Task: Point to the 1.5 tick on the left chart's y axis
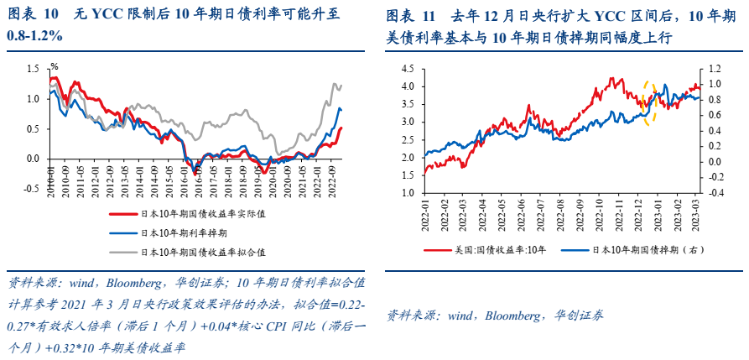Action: pos(34,69)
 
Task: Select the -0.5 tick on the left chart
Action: pos(32,189)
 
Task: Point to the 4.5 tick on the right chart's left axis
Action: pos(408,69)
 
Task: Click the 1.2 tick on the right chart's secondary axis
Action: pos(715,69)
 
